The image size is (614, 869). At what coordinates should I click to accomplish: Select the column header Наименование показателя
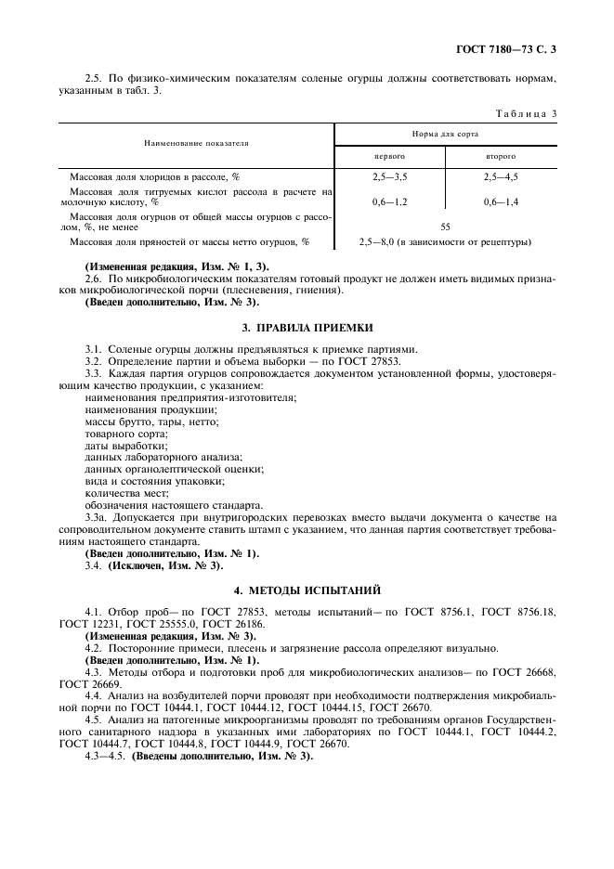(196, 144)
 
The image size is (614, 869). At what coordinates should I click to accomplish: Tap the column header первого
(389, 157)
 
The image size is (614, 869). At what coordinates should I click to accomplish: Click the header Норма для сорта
(445, 135)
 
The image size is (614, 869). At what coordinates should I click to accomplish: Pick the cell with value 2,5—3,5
(389, 175)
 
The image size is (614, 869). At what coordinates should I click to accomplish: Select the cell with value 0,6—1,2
(389, 201)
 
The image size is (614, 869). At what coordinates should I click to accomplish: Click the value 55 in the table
(445, 226)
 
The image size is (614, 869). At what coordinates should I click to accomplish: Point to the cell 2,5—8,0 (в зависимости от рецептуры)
(445, 242)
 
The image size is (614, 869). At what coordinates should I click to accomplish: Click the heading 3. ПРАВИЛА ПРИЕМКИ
(307, 328)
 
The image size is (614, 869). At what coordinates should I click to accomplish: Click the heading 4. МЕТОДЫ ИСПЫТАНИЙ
(307, 590)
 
